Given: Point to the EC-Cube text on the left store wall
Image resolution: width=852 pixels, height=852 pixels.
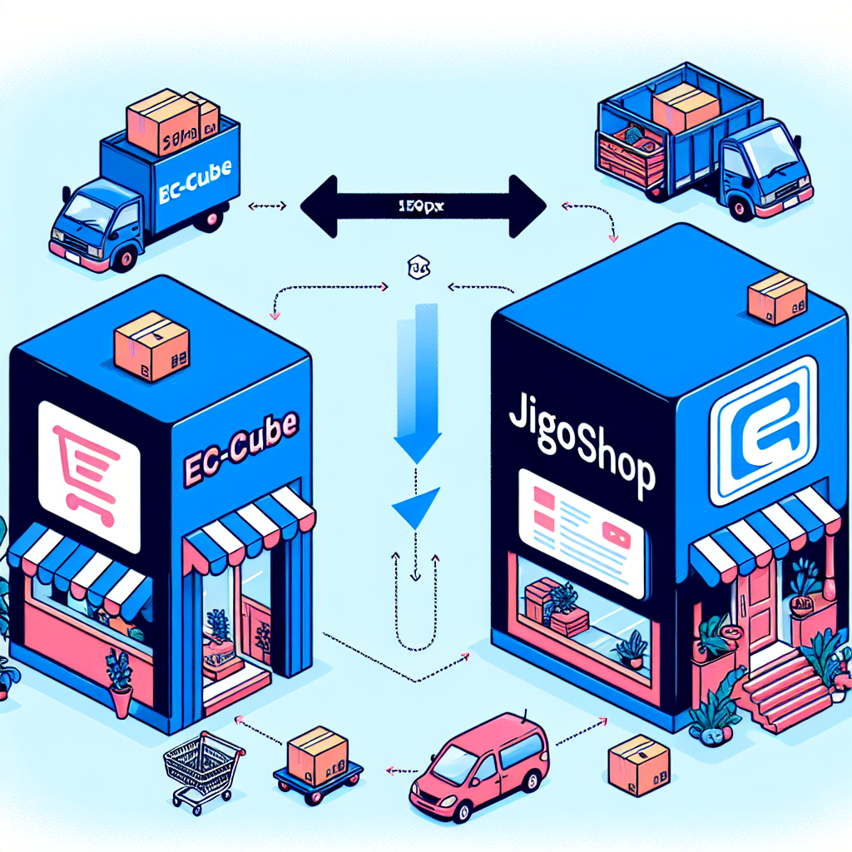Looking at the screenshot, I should (x=242, y=446).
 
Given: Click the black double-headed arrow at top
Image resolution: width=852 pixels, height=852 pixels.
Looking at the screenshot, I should (x=422, y=206).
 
